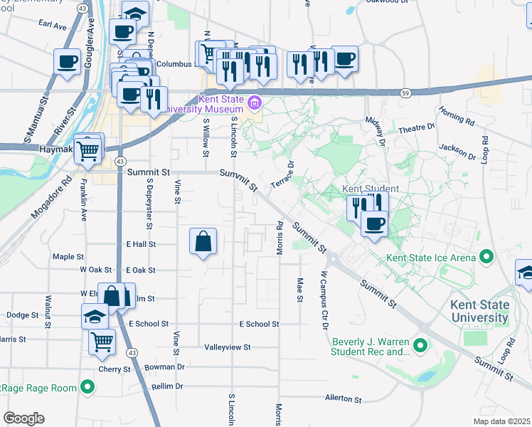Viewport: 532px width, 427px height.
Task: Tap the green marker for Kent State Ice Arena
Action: [x=486, y=255]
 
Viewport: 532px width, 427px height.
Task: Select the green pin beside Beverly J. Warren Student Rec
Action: [x=420, y=346]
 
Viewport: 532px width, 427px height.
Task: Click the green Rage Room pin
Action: [x=87, y=387]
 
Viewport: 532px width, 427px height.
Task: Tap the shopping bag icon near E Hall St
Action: [x=203, y=241]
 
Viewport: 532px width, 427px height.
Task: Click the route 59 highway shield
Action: [x=405, y=93]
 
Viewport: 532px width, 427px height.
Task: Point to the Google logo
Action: [x=23, y=418]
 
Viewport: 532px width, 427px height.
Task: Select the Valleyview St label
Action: [x=228, y=347]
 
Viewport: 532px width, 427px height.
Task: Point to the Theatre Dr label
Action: [x=416, y=129]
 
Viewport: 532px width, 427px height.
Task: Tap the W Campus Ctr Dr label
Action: [x=324, y=300]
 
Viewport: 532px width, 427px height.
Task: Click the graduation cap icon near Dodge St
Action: [x=95, y=317]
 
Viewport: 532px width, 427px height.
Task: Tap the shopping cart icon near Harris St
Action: [x=102, y=342]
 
